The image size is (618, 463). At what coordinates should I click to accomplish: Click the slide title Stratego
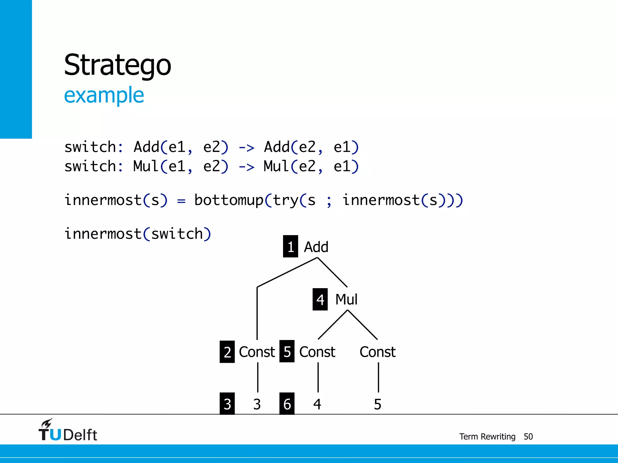[x=117, y=65]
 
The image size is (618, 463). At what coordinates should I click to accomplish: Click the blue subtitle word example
[x=104, y=95]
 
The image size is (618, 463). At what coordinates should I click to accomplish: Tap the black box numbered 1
[x=290, y=247]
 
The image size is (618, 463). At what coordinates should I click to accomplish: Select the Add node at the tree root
[x=316, y=247]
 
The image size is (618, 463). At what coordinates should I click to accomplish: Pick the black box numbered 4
[x=320, y=299]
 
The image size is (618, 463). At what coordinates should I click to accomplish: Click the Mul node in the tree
[x=346, y=300]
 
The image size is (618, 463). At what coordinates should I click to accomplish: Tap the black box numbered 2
[x=227, y=352]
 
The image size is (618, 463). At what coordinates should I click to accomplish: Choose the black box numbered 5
[x=287, y=351]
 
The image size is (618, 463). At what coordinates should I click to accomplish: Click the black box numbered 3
[x=227, y=404]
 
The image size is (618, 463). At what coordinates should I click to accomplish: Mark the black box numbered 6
[x=287, y=404]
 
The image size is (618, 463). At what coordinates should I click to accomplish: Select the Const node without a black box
[x=377, y=352]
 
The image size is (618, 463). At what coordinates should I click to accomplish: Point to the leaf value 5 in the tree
[x=377, y=404]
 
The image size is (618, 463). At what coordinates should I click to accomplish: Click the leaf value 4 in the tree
[x=317, y=404]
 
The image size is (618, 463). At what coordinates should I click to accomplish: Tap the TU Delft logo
[x=68, y=430]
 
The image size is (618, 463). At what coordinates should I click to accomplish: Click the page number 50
[x=528, y=436]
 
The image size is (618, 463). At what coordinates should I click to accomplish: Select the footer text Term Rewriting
[x=487, y=436]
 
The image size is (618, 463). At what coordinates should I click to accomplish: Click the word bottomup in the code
[x=229, y=200]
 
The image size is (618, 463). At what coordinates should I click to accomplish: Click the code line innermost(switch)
[x=138, y=234]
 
